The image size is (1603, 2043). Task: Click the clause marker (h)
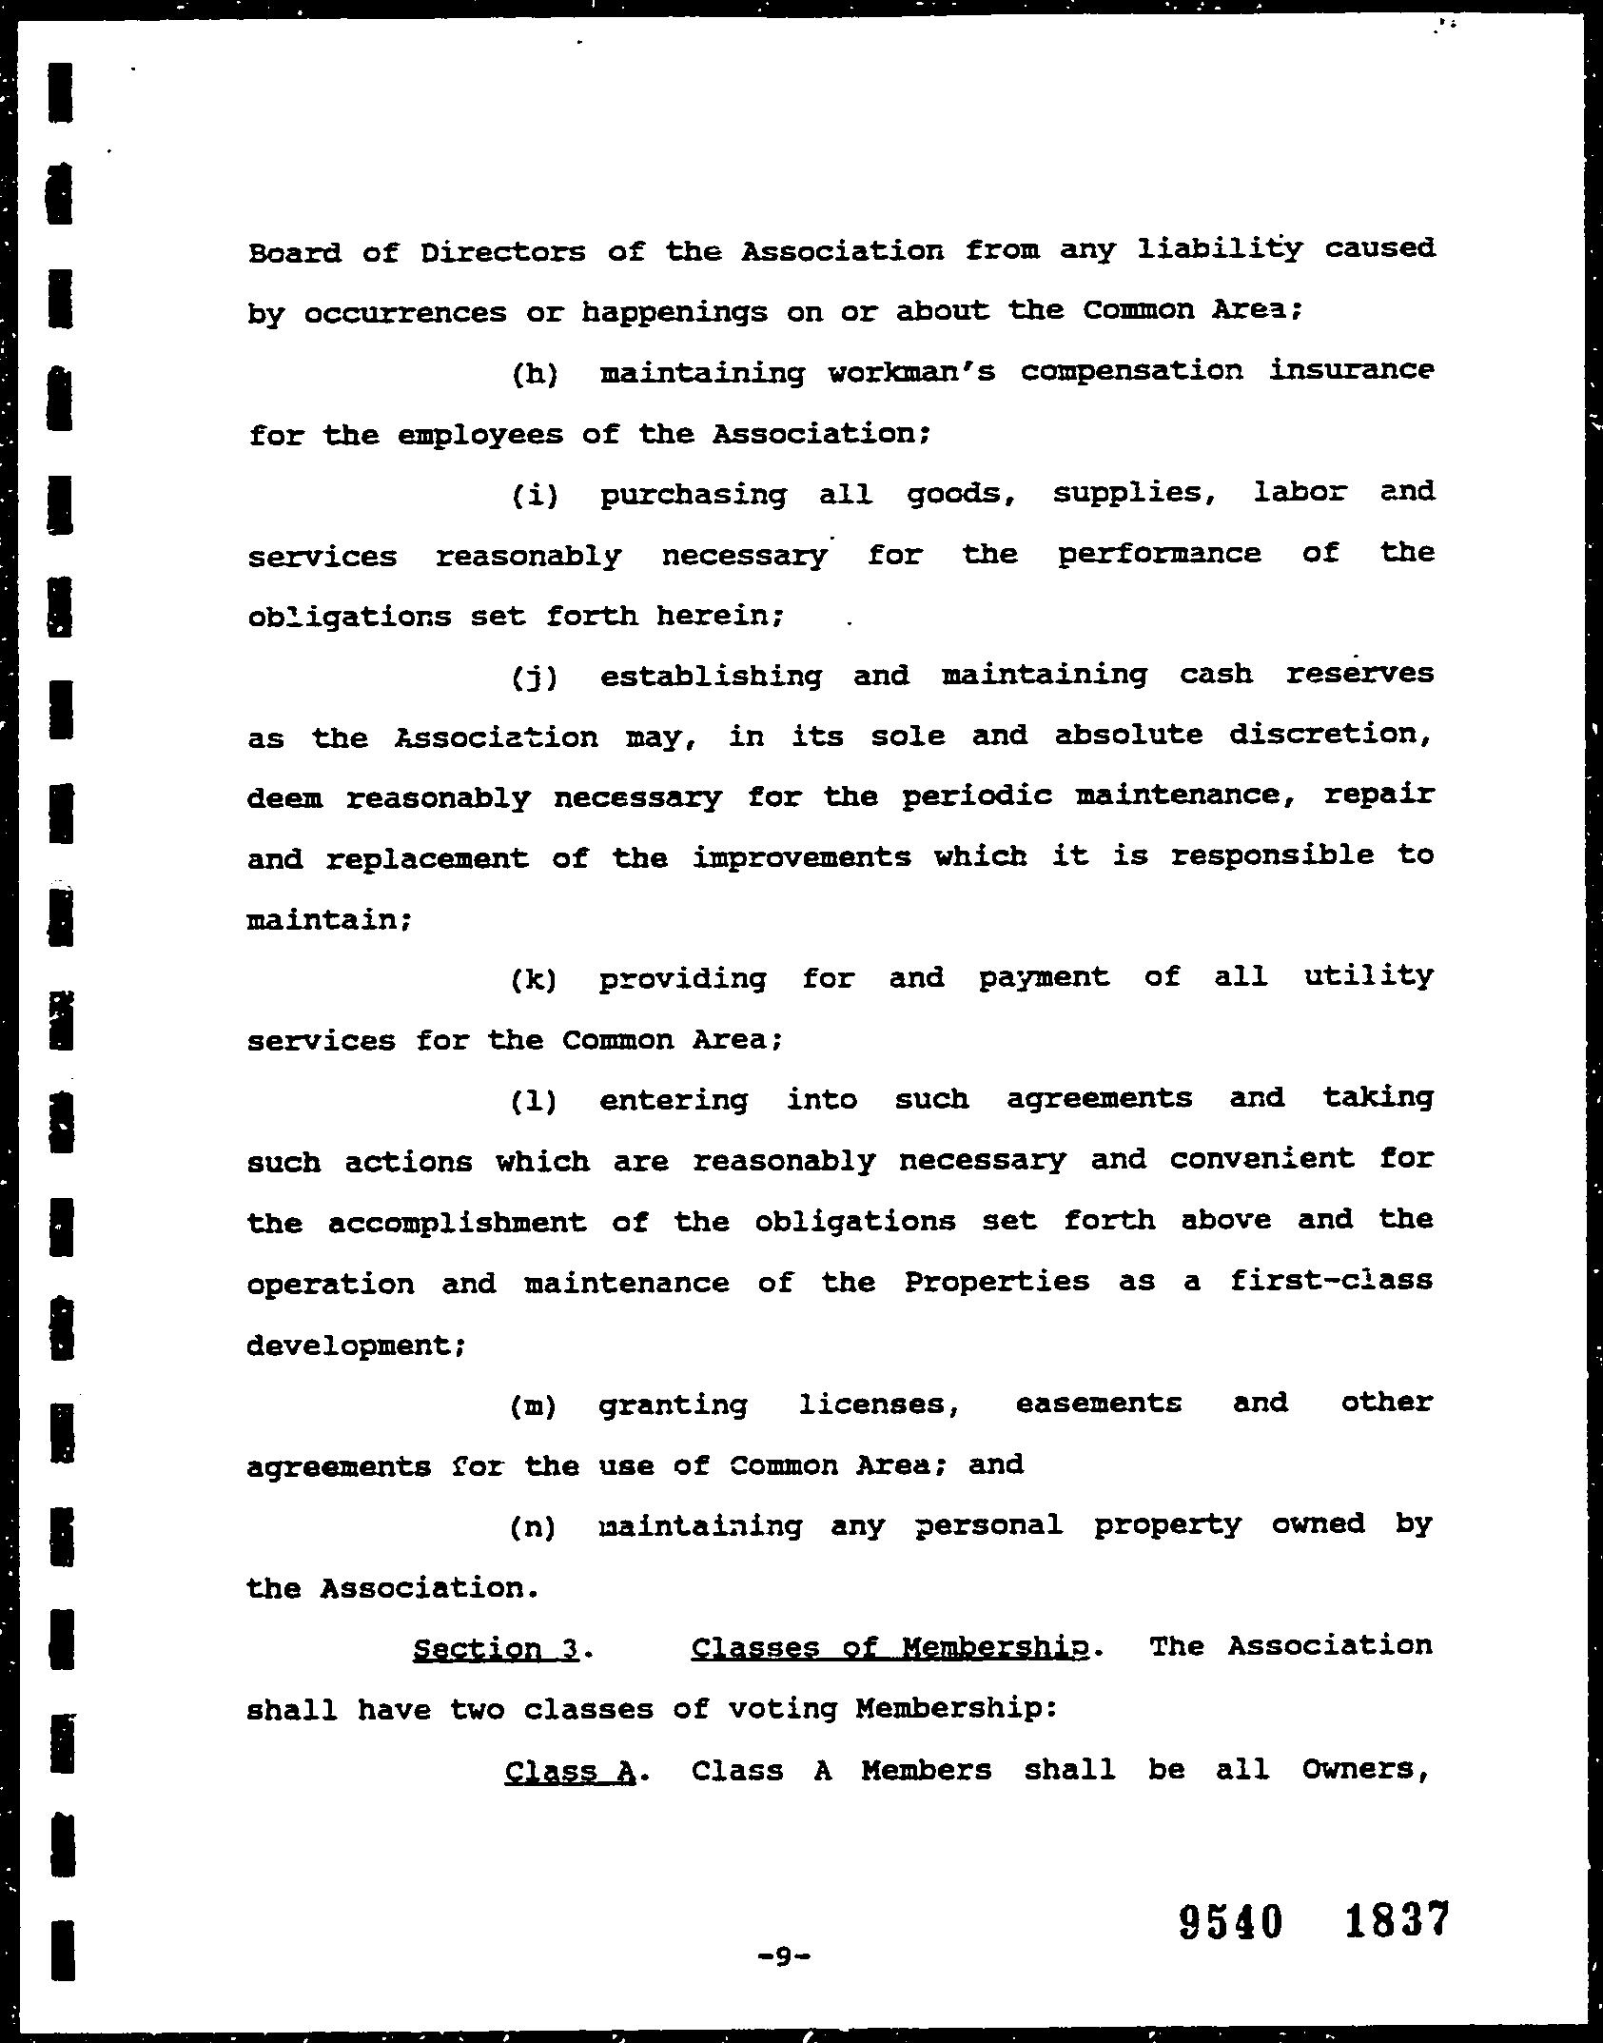coord(535,372)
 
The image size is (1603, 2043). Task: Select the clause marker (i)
coord(535,495)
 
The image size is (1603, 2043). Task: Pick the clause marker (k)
coord(535,979)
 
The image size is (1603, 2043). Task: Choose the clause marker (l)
coord(535,1101)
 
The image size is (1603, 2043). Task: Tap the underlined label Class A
coord(569,1771)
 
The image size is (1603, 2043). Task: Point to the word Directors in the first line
coord(503,252)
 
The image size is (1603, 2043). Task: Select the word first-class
coord(1330,1281)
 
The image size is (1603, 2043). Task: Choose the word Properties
coord(996,1282)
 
